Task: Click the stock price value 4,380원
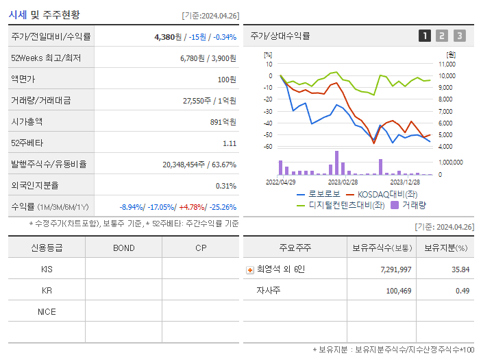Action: click(168, 37)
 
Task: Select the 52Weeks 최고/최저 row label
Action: click(46, 58)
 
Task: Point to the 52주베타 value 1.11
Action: click(229, 143)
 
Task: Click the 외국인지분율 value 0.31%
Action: click(225, 186)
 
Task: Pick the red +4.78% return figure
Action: click(191, 207)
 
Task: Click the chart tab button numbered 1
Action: click(425, 36)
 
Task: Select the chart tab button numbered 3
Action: click(459, 36)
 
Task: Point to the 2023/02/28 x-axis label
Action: click(343, 182)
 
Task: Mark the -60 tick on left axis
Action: click(267, 146)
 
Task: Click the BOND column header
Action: click(123, 248)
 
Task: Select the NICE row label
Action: click(47, 311)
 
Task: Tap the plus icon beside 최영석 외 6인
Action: click(250, 270)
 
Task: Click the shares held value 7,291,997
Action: click(395, 269)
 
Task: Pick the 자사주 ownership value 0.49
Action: click(462, 291)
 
